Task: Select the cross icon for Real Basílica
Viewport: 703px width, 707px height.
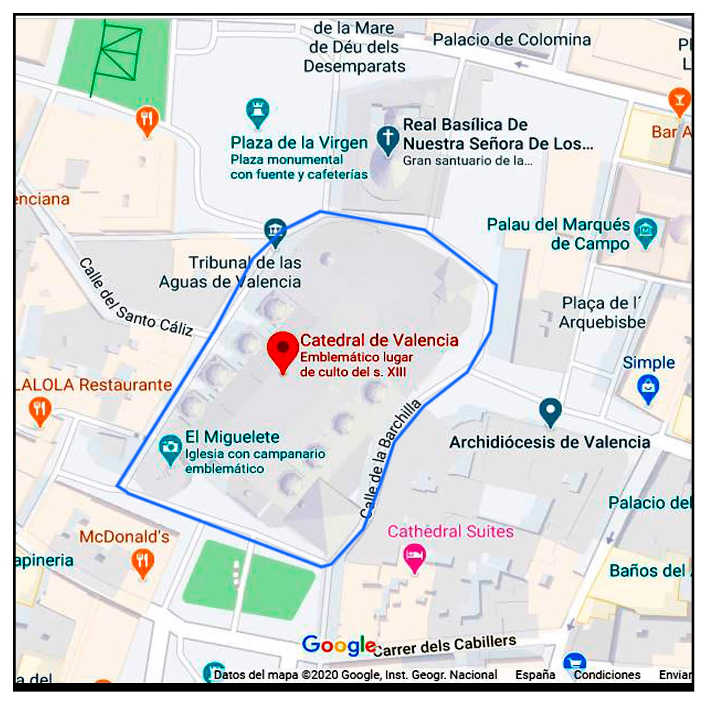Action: [388, 139]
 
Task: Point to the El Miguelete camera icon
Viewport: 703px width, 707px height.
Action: [170, 448]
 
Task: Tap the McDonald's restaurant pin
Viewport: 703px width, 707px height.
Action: [142, 563]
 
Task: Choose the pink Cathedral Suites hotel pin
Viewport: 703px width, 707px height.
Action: [414, 556]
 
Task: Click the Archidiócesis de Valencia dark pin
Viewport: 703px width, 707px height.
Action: [550, 411]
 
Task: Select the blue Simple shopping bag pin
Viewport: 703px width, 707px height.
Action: [648, 388]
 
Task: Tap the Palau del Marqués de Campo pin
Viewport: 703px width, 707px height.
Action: [645, 232]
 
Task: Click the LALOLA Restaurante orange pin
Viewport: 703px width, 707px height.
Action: [40, 410]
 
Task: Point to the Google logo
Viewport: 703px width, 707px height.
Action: [338, 646]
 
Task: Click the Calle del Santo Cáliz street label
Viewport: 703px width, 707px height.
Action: [135, 298]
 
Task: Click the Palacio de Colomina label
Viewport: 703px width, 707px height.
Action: [511, 40]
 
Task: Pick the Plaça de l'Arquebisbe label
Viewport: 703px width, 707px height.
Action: [601, 312]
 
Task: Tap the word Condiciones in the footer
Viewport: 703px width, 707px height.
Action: [607, 675]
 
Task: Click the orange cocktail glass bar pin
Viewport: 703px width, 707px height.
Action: [679, 101]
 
